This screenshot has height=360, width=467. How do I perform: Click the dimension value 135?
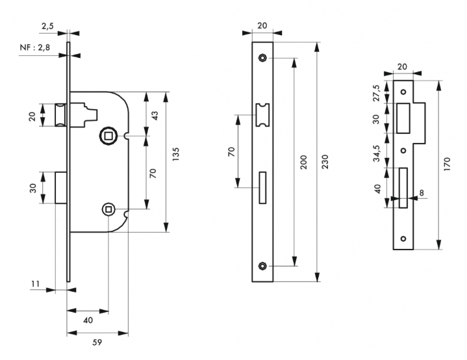click(x=176, y=155)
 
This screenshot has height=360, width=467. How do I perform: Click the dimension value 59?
click(x=97, y=341)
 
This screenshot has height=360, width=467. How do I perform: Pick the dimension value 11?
click(x=36, y=284)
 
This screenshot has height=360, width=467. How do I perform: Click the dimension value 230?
click(x=326, y=162)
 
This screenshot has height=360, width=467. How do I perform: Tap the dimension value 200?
click(x=303, y=162)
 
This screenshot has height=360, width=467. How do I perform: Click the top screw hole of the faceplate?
click(x=262, y=58)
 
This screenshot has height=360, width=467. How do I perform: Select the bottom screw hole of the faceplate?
click(x=262, y=266)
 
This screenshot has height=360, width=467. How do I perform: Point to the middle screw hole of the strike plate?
click(x=403, y=151)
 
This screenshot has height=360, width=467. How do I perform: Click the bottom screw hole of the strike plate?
click(x=403, y=238)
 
